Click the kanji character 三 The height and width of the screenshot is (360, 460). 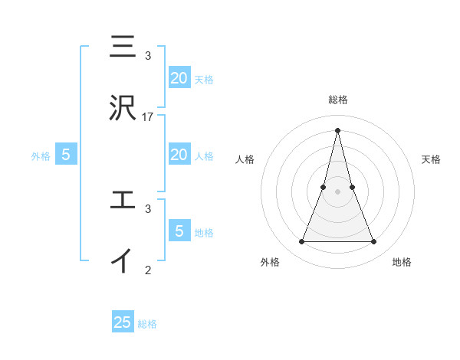point(123,47)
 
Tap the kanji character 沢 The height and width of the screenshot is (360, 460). point(123,108)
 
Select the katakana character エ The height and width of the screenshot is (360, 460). point(123,200)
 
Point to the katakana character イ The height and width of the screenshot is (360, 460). point(123,260)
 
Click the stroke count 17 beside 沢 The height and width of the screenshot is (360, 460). point(148,117)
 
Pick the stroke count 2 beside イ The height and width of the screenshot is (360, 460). point(148,270)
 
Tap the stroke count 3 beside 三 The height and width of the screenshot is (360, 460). point(148,56)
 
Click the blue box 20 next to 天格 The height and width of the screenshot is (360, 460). point(179,77)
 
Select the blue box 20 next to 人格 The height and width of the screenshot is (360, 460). point(179,155)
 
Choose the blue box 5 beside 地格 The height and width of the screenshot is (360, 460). point(179,231)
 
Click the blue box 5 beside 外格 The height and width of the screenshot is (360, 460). point(66,155)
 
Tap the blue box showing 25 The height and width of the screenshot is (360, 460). point(123,322)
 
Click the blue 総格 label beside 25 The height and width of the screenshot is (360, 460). point(147,324)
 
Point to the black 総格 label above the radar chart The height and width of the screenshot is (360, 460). point(338,100)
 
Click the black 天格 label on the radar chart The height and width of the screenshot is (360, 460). point(431,159)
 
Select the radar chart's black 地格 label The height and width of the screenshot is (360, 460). point(402,262)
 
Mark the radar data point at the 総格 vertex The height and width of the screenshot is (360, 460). point(338,129)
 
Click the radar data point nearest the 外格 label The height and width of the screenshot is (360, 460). point(301,242)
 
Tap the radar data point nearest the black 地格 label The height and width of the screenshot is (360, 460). point(374,242)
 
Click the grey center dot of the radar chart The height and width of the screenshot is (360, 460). point(338,191)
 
